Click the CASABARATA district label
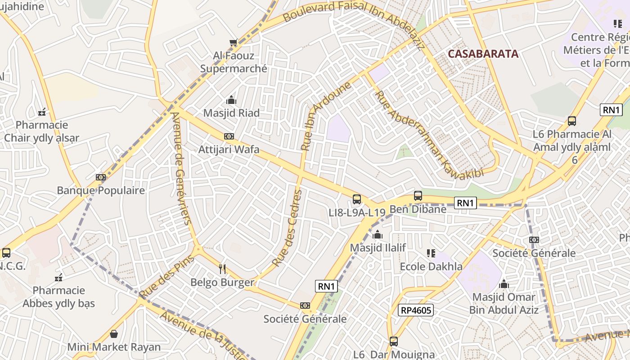pos(483,54)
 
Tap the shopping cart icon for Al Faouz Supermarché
pos(233,43)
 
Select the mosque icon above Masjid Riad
pos(231,100)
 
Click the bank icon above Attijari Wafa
pos(229,136)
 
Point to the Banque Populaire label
pos(101,190)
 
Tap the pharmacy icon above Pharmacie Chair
pos(42,112)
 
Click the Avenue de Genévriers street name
pos(181,167)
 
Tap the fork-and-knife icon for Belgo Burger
pos(222,269)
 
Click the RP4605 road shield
pos(415,310)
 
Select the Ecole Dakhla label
pos(431,266)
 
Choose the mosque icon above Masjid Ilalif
pos(378,235)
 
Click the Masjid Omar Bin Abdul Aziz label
pos(504,303)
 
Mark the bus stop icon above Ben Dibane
pos(418,196)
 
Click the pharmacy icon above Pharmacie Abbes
pos(58,278)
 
